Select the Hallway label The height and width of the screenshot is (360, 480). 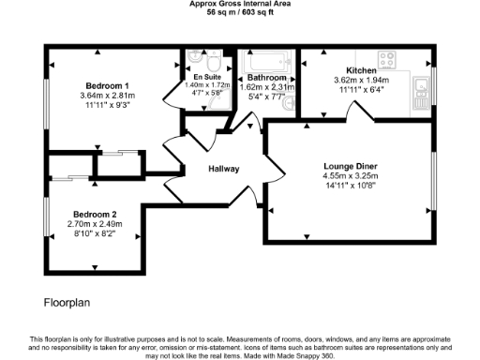pyautogui.click(x=224, y=170)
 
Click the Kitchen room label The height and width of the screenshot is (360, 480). pyautogui.click(x=361, y=70)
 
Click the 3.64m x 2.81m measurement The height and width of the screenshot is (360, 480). pyautogui.click(x=107, y=95)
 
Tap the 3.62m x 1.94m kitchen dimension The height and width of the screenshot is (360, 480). pyautogui.click(x=361, y=81)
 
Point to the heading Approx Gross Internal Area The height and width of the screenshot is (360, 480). pyautogui.click(x=240, y=5)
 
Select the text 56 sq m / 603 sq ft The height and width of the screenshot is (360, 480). pyautogui.click(x=240, y=13)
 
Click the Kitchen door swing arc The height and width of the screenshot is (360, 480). pyautogui.click(x=358, y=111)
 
